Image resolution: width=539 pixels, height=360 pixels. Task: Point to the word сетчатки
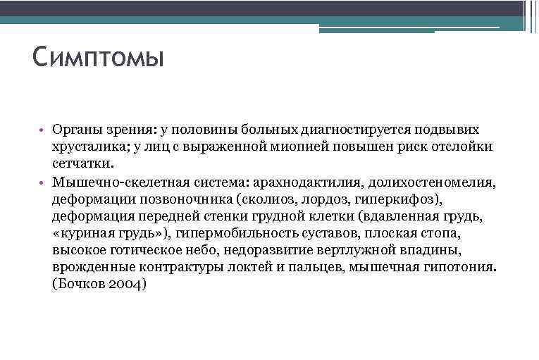pyautogui.click(x=82, y=164)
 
